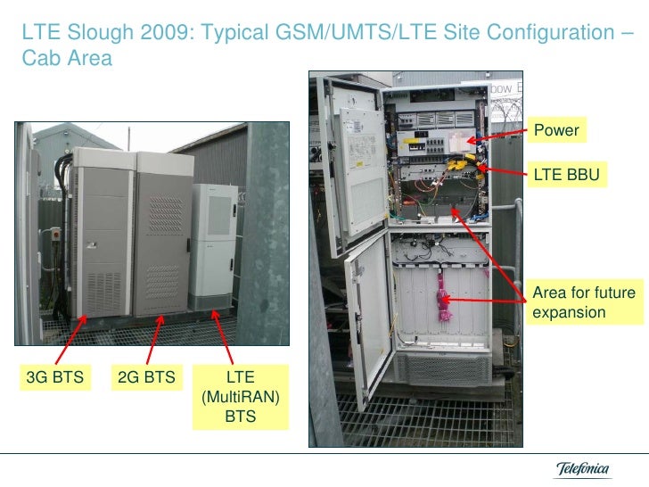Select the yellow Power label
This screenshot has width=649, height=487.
[556, 131]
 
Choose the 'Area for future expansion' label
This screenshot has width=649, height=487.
[583, 303]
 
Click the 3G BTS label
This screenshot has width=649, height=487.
[55, 376]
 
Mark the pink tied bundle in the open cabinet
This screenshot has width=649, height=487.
[440, 299]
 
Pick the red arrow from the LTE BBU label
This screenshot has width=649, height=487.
[500, 169]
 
